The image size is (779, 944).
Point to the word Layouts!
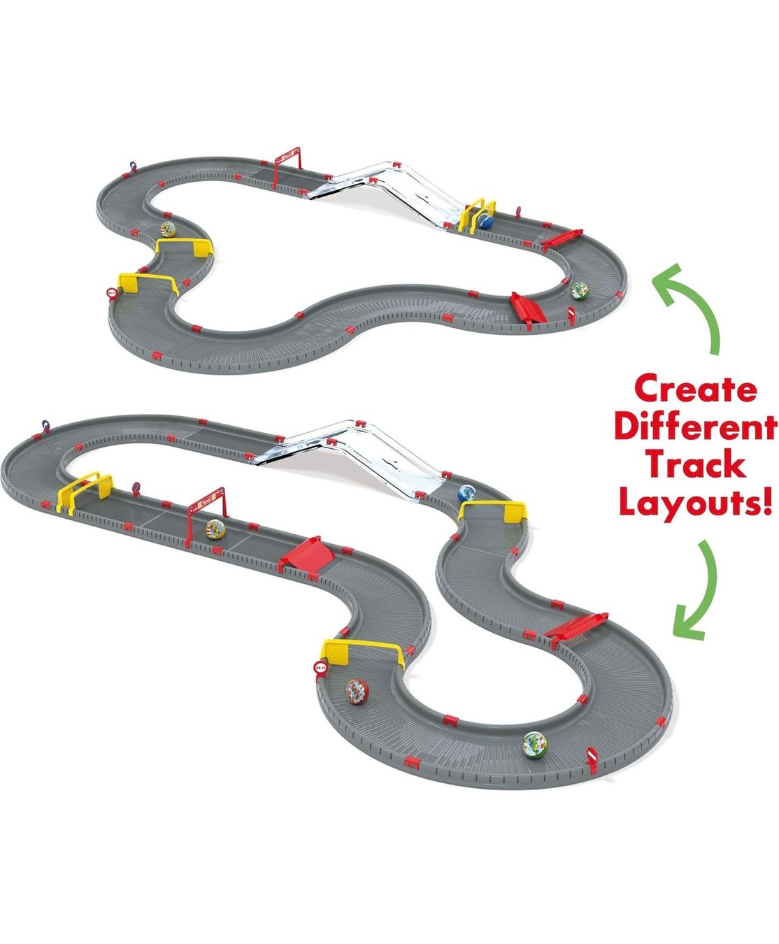[x=695, y=505]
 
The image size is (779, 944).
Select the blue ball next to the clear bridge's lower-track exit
[x=466, y=494]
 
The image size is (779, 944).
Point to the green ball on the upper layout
[x=579, y=291]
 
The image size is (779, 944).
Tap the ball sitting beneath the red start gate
[x=215, y=529]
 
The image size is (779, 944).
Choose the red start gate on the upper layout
[x=287, y=165]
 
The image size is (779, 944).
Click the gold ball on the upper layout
[x=168, y=229]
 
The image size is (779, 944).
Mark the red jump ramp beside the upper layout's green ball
[x=528, y=307]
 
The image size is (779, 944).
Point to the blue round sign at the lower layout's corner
[x=45, y=424]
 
